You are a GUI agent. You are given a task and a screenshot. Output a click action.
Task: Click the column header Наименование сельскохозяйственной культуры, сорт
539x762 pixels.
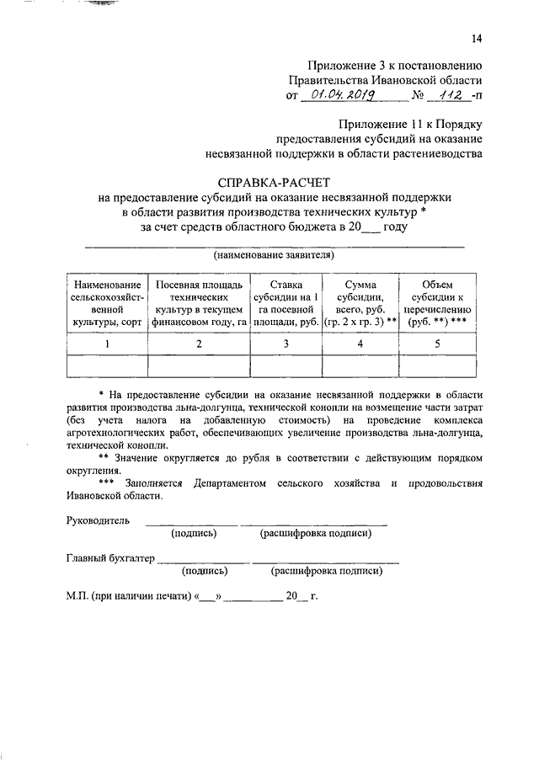107,304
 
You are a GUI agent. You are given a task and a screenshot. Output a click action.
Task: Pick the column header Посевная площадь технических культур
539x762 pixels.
199,304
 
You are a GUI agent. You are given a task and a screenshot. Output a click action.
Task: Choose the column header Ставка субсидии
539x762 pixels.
286,304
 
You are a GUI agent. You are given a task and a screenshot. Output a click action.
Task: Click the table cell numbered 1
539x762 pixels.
107,344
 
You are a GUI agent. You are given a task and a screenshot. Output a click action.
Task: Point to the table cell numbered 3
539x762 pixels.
286,344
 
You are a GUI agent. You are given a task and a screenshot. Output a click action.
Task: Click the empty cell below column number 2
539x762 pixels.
199,365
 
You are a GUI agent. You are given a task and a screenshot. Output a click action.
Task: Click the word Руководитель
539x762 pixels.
98,521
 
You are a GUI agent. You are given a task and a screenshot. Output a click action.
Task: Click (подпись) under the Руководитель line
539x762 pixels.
194,534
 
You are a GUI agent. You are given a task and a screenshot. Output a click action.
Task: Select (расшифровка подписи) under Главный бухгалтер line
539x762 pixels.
327,571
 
